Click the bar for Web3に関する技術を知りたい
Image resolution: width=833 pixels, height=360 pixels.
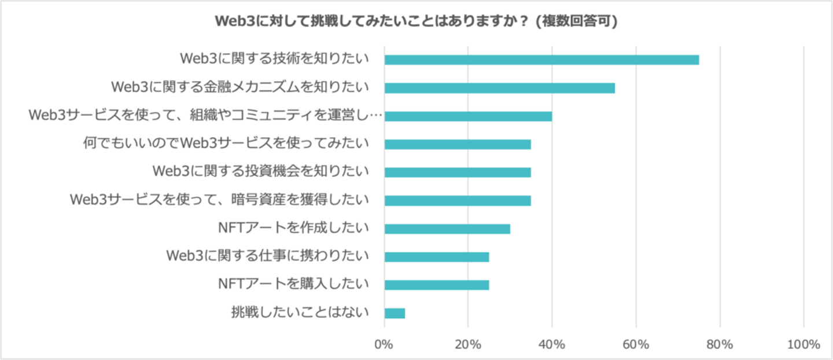click(541, 60)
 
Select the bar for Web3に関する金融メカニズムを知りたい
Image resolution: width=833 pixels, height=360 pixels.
click(499, 88)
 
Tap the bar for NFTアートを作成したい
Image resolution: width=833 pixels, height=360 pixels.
click(447, 229)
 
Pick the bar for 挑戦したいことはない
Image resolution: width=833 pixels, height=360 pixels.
click(395, 313)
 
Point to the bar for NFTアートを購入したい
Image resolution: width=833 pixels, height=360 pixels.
click(437, 285)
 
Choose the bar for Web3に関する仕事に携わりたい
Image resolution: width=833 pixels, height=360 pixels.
click(437, 257)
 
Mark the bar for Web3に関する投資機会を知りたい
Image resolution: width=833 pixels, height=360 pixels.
click(458, 172)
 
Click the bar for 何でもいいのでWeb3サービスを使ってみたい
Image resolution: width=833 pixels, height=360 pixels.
click(458, 144)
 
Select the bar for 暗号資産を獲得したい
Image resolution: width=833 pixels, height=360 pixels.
click(458, 201)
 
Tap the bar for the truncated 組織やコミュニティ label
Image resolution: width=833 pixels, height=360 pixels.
click(468, 116)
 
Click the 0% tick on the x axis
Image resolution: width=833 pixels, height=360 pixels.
click(384, 344)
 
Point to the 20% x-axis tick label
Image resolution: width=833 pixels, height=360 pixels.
click(468, 344)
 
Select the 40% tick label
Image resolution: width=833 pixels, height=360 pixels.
click(552, 344)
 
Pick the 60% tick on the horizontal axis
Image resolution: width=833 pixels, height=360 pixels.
click(636, 344)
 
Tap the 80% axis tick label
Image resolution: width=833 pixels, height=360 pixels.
click(720, 344)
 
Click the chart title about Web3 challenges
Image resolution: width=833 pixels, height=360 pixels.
click(416, 21)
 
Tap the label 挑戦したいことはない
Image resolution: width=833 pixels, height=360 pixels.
click(300, 313)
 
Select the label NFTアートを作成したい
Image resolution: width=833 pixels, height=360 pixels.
click(293, 229)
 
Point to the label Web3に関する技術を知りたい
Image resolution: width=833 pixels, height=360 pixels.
click(274, 60)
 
